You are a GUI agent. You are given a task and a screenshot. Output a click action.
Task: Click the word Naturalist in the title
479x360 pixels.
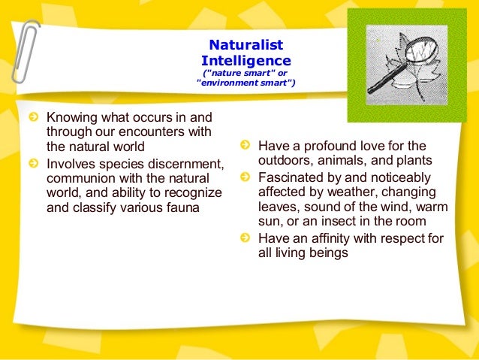click(246, 46)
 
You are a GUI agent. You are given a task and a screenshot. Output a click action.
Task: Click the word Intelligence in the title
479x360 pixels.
click(246, 59)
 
